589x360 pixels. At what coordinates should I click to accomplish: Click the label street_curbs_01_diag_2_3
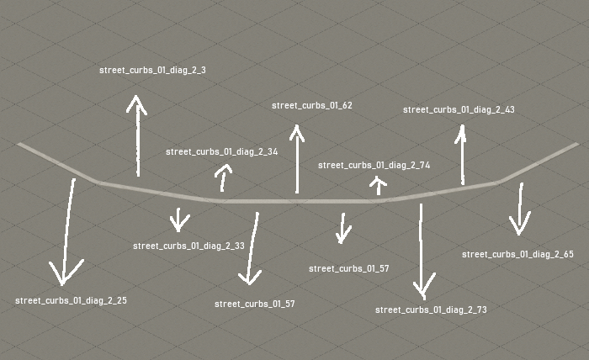tap(152, 71)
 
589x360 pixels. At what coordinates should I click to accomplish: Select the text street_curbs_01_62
tap(312, 105)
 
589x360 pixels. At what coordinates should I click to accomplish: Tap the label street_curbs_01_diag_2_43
tap(459, 109)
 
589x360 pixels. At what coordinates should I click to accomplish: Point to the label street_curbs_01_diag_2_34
tap(221, 151)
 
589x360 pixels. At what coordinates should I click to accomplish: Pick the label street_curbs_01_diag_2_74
tap(374, 166)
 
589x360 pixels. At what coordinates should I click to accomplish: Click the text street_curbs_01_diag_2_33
tap(188, 246)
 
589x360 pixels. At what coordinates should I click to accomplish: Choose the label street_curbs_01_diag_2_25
tap(71, 299)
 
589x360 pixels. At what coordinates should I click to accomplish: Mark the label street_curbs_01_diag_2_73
tap(431, 310)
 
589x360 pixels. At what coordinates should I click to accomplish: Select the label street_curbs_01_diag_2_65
tap(517, 253)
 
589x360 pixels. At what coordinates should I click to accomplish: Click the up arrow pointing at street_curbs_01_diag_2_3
tap(136, 135)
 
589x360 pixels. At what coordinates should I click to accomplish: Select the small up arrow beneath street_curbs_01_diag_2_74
tap(379, 185)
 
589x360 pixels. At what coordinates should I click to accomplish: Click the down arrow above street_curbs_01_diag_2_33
tap(178, 219)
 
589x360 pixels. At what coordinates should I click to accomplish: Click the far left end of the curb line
tap(19, 144)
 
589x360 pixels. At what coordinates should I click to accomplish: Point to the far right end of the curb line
tap(577, 144)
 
